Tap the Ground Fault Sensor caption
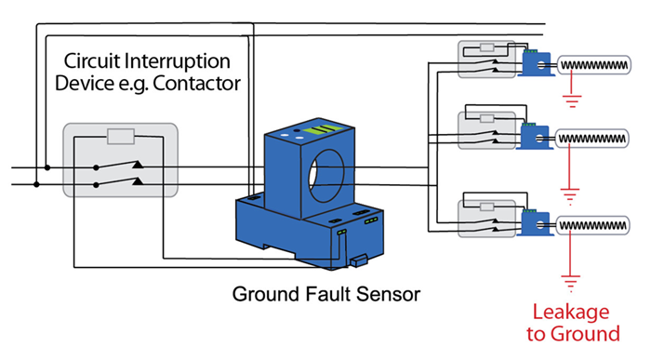[325, 295]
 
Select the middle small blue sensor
[536, 138]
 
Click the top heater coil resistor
[595, 66]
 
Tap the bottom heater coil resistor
[595, 226]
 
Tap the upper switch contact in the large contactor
[116, 167]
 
